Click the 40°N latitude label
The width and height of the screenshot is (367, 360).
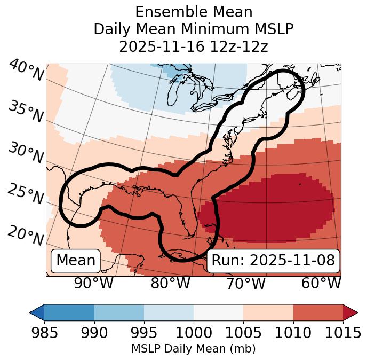pyautogui.click(x=26, y=71)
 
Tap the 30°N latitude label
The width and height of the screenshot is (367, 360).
pyautogui.click(x=26, y=153)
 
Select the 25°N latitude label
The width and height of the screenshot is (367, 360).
pyautogui.click(x=26, y=194)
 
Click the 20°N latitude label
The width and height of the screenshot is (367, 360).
pyautogui.click(x=26, y=235)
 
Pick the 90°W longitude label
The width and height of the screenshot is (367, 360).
pyautogui.click(x=94, y=284)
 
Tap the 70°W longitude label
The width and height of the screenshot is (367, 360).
pyautogui.click(x=245, y=284)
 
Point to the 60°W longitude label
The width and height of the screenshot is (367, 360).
pyautogui.click(x=321, y=284)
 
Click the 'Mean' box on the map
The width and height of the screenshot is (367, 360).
pyautogui.click(x=76, y=261)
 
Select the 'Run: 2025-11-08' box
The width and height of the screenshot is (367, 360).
pyautogui.click(x=273, y=261)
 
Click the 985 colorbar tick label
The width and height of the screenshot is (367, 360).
pyautogui.click(x=44, y=333)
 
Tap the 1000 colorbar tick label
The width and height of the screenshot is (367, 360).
pyautogui.click(x=193, y=333)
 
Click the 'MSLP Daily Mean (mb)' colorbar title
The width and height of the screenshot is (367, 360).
pyautogui.click(x=193, y=349)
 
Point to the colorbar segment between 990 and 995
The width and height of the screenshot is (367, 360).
pyautogui.click(x=119, y=312)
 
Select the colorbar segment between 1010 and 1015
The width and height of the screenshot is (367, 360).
pyautogui.click(x=318, y=312)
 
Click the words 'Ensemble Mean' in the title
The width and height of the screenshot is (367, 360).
pyautogui.click(x=193, y=12)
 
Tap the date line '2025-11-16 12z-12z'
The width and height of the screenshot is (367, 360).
pyautogui.click(x=193, y=46)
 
